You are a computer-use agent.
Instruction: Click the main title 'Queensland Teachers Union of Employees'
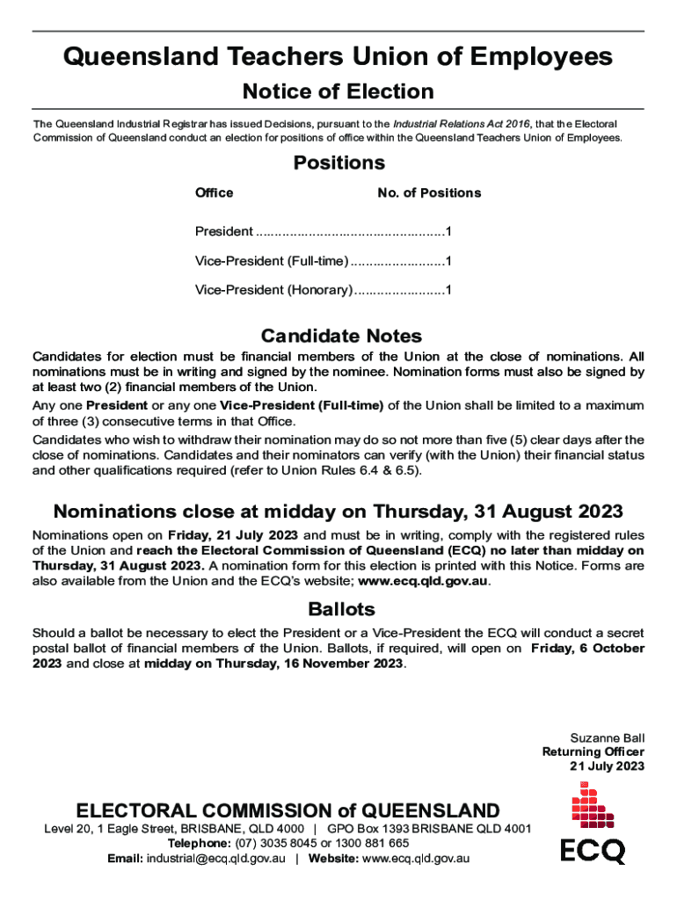point(338,57)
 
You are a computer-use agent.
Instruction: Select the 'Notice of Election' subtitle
point(338,91)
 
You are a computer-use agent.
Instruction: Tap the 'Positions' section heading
point(338,163)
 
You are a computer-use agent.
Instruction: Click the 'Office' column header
point(214,192)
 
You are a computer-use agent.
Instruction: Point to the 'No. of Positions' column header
point(429,192)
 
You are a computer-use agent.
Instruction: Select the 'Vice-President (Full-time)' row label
point(272,261)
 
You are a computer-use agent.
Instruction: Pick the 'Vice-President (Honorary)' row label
point(273,289)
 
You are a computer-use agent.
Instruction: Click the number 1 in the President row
point(448,232)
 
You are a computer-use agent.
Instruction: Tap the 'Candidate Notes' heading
point(341,336)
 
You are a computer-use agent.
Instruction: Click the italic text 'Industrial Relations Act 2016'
point(462,124)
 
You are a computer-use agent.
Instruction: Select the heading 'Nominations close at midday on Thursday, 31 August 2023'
point(338,512)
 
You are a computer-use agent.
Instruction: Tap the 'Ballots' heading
point(341,609)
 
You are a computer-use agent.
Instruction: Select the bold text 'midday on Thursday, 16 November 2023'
point(274,664)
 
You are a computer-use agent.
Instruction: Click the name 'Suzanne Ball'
point(608,737)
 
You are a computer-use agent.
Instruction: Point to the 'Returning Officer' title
point(593,751)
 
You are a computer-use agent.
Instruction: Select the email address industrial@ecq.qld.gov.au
point(215,858)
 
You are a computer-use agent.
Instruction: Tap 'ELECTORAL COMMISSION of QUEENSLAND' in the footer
point(288,810)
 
